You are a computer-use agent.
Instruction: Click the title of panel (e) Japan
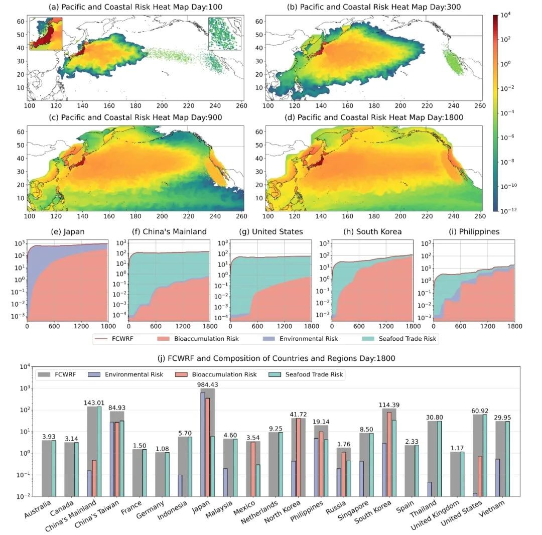67,232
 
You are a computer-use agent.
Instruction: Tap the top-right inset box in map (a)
225,35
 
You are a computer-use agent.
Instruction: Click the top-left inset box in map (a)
46,33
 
